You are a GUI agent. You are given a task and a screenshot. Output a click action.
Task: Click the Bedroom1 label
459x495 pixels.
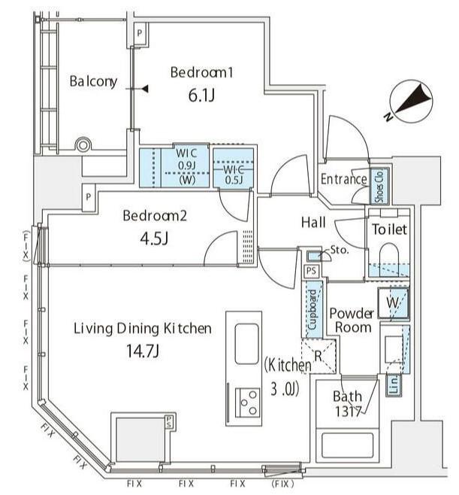coord(201,72)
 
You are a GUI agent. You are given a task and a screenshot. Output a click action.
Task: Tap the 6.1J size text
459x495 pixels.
coord(201,95)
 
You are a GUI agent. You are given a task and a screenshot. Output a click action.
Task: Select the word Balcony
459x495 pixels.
coord(93,81)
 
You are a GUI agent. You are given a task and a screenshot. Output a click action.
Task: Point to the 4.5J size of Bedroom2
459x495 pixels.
coord(154,238)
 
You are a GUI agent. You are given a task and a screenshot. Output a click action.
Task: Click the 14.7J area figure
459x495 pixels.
coord(143,351)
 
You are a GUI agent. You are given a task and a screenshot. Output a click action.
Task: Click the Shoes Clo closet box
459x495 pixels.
coord(379,187)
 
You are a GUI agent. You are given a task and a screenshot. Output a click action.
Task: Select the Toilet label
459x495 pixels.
coord(390,229)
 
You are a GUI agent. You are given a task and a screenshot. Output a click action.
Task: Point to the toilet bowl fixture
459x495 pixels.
coord(389,256)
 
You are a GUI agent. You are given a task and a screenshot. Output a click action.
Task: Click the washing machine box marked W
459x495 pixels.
coord(394,303)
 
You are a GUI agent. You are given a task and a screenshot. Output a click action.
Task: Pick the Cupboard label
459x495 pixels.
coord(313,310)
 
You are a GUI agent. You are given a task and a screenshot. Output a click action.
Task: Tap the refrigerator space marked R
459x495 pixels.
coord(319,356)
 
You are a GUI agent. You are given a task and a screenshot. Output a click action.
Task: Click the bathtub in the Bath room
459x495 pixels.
coord(347,445)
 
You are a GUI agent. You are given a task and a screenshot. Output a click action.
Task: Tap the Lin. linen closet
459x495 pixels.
coord(394,384)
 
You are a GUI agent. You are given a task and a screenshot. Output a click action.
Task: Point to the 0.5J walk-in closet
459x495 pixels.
coord(234,168)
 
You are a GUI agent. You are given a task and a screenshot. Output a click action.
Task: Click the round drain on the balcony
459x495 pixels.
coord(83,145)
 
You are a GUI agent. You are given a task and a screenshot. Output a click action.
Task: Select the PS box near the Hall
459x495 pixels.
coord(311,271)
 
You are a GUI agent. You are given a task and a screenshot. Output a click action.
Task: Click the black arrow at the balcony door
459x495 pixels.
coord(144,89)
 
